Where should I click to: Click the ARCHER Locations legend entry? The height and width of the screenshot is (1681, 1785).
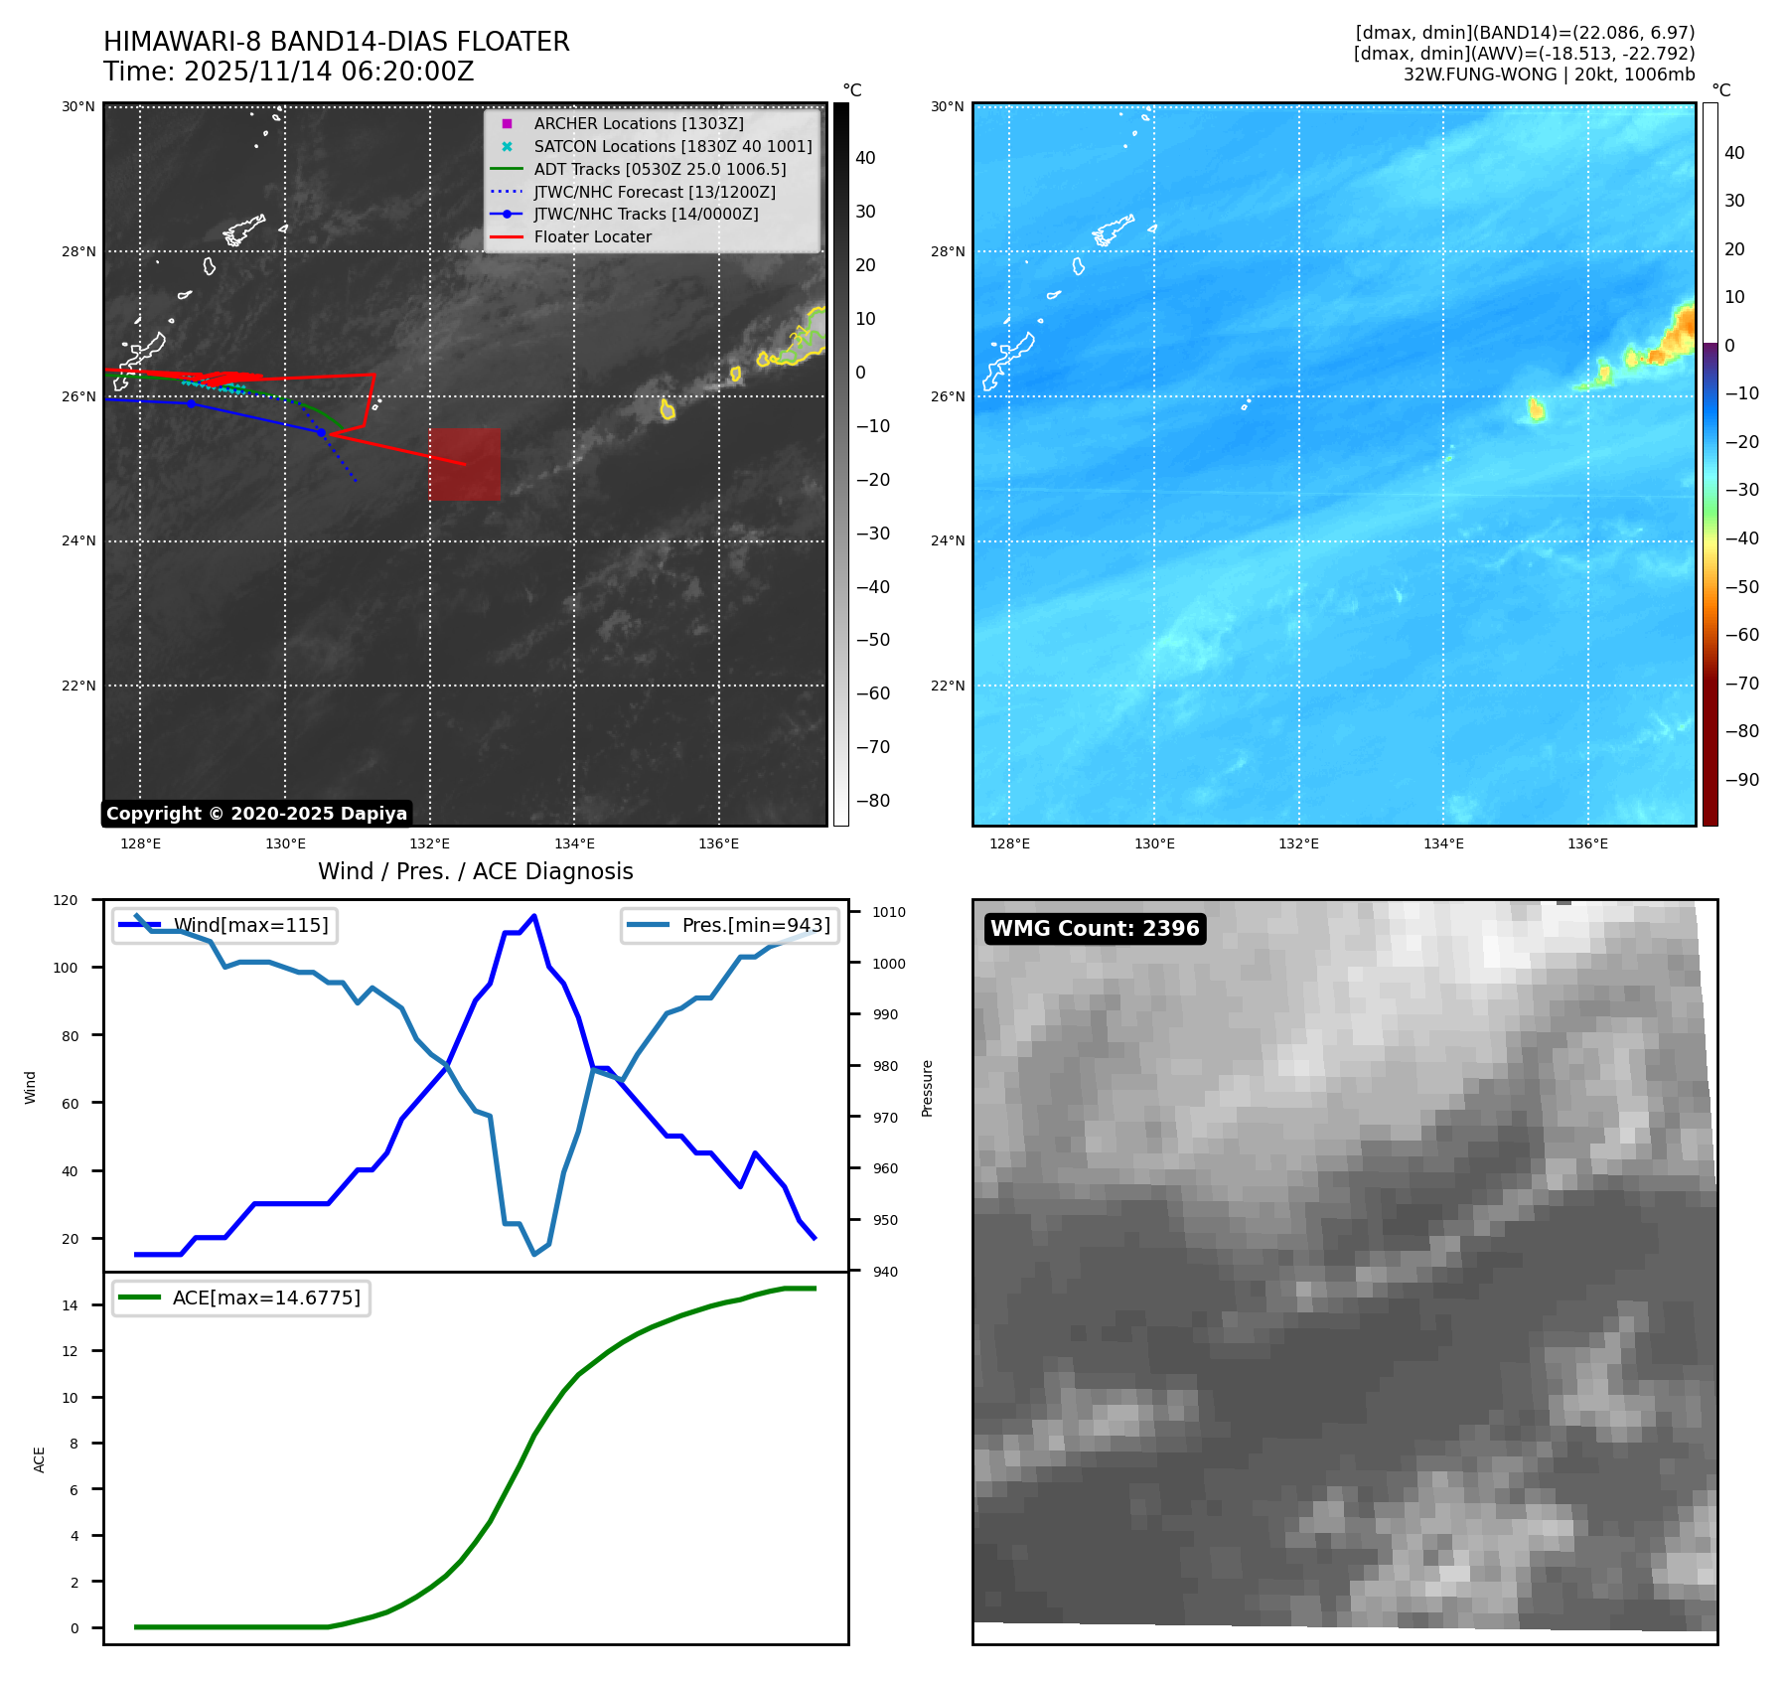click(x=638, y=123)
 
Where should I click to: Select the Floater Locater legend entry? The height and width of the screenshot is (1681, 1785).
click(x=592, y=236)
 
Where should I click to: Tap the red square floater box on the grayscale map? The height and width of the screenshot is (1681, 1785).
click(x=465, y=464)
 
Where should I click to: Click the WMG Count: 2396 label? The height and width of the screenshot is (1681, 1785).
click(x=1095, y=928)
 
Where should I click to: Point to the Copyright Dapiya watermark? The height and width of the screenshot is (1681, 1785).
click(x=256, y=814)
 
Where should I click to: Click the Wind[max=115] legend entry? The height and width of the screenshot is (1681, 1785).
click(x=250, y=925)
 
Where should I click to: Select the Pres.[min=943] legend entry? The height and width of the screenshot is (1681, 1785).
click(x=755, y=925)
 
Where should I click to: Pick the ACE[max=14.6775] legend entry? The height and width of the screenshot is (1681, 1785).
click(x=266, y=1298)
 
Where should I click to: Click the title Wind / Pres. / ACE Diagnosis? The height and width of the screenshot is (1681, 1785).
click(x=475, y=871)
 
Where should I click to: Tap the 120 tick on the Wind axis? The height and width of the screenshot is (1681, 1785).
click(x=66, y=900)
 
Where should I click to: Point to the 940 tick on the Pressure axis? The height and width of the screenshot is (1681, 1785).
click(x=884, y=1272)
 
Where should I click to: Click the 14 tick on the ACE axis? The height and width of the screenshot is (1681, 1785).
click(x=70, y=1305)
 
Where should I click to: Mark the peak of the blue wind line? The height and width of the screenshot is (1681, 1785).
click(x=534, y=916)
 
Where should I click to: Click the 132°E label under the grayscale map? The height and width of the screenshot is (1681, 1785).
click(x=429, y=843)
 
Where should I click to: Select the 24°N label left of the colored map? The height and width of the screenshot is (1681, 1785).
click(x=948, y=541)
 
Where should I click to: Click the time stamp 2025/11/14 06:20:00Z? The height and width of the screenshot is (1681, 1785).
click(x=329, y=72)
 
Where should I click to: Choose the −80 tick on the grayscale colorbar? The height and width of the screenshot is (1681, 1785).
click(x=873, y=801)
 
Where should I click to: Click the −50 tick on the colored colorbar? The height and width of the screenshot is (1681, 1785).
click(x=1741, y=586)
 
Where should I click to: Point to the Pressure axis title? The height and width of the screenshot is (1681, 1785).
click(x=927, y=1088)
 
